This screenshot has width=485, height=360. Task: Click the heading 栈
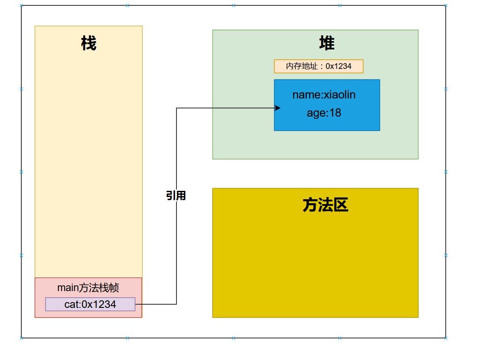pos(88,43)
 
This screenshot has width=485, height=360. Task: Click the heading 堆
pos(326,43)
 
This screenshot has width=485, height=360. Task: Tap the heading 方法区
pos(325,205)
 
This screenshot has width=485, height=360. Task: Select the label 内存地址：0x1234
pos(318,66)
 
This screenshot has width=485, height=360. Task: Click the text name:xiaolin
pos(324,95)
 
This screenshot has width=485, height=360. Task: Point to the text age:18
pos(324,113)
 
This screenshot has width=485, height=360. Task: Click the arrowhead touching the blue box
pos(278,108)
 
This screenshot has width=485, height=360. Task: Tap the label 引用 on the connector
pos(176,196)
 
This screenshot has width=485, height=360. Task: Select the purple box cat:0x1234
pos(90,304)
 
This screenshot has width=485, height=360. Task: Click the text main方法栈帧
pos(88,288)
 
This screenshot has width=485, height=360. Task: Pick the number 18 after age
pos(335,113)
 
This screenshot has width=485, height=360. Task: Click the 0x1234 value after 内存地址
pos(339,66)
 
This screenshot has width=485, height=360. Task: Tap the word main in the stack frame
pos(68,288)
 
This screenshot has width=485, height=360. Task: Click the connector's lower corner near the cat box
pos(176,304)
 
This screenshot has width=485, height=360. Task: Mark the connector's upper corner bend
pos(176,108)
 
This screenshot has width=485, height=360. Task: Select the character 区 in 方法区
pos(341,205)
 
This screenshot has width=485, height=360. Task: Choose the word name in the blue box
pos(306,95)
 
